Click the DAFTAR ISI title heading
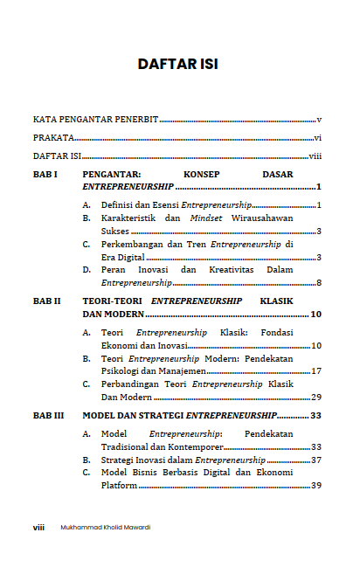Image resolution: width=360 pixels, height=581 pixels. point(177,64)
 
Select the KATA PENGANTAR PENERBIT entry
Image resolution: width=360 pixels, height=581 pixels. point(96,119)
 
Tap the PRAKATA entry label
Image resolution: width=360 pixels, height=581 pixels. point(53,138)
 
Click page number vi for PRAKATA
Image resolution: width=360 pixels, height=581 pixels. point(318,138)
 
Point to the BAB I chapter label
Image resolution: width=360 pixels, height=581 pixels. point(45,175)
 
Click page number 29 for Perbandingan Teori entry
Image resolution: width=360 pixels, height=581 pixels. point(316,397)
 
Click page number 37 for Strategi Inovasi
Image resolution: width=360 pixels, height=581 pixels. point(316,460)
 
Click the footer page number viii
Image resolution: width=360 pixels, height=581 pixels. point(39,527)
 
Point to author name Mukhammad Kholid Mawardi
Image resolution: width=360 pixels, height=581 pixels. point(106,527)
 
